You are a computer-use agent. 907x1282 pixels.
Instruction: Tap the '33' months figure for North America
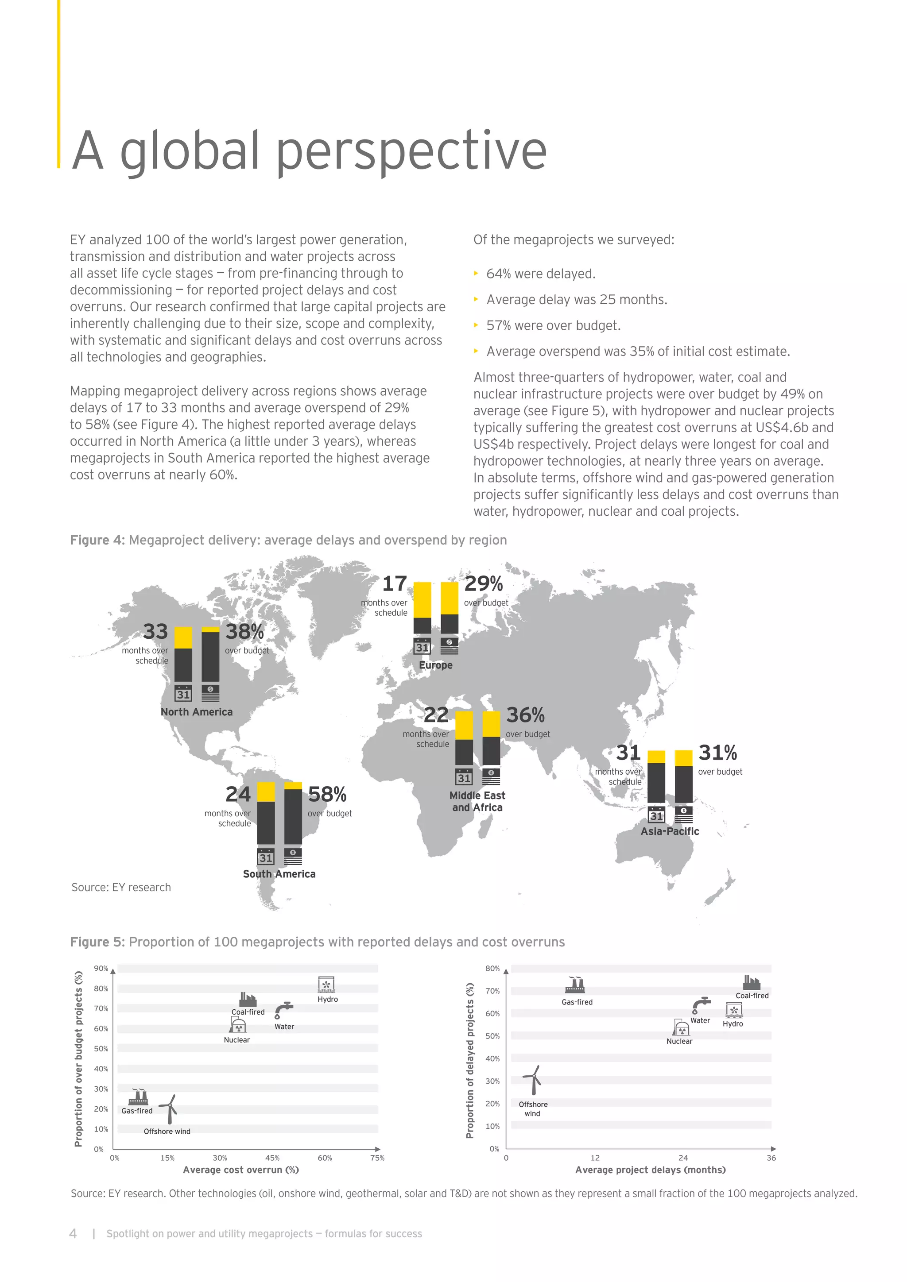[155, 632]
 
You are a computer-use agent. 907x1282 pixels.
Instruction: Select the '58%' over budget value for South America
[327, 794]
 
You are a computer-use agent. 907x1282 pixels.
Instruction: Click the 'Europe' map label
[436, 665]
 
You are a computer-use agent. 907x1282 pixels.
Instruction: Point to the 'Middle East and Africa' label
[477, 801]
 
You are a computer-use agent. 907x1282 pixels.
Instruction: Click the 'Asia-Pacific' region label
[670, 831]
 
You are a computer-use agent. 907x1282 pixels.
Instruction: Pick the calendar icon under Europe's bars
[422, 647]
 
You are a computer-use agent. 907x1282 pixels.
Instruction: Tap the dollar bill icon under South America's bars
[293, 856]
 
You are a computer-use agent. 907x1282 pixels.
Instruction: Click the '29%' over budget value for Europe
[484, 583]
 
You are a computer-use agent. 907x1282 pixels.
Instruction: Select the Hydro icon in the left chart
[326, 985]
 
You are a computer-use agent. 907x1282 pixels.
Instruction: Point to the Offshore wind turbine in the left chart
[169, 1109]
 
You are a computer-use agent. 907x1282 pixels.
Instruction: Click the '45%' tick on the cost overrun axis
[272, 1158]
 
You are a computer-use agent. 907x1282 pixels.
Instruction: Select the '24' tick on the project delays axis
[683, 1158]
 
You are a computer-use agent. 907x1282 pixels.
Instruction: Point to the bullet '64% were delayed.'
[541, 274]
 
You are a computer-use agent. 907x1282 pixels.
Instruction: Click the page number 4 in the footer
[73, 1233]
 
